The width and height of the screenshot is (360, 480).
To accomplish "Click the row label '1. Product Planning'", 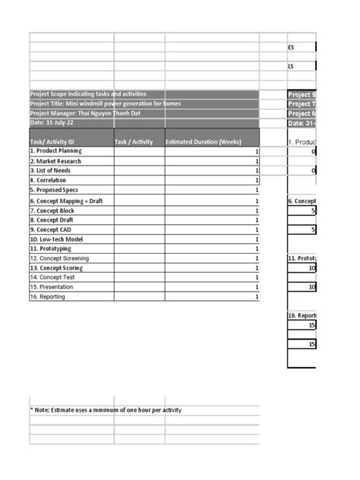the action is [55, 151].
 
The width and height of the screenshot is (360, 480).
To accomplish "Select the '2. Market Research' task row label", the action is [55, 161].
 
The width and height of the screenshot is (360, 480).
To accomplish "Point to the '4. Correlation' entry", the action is [48, 181].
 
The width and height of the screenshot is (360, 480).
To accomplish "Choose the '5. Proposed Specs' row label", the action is [54, 190].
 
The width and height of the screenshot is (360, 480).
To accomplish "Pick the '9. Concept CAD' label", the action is [52, 229].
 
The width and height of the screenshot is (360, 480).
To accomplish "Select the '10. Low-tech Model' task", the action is [56, 239].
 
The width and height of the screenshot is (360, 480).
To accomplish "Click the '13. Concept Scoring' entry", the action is [56, 268].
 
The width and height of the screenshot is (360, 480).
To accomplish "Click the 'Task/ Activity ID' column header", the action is [52, 141].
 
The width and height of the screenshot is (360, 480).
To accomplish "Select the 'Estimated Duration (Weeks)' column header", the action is [203, 141].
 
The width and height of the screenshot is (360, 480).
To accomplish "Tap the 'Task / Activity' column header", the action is [134, 141].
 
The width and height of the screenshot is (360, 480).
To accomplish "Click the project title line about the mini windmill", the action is [106, 103].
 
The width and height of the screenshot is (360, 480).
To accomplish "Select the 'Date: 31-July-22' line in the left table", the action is [52, 122].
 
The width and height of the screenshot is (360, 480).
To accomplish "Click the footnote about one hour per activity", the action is [106, 410].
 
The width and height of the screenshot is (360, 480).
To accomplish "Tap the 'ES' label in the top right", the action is [291, 47].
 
